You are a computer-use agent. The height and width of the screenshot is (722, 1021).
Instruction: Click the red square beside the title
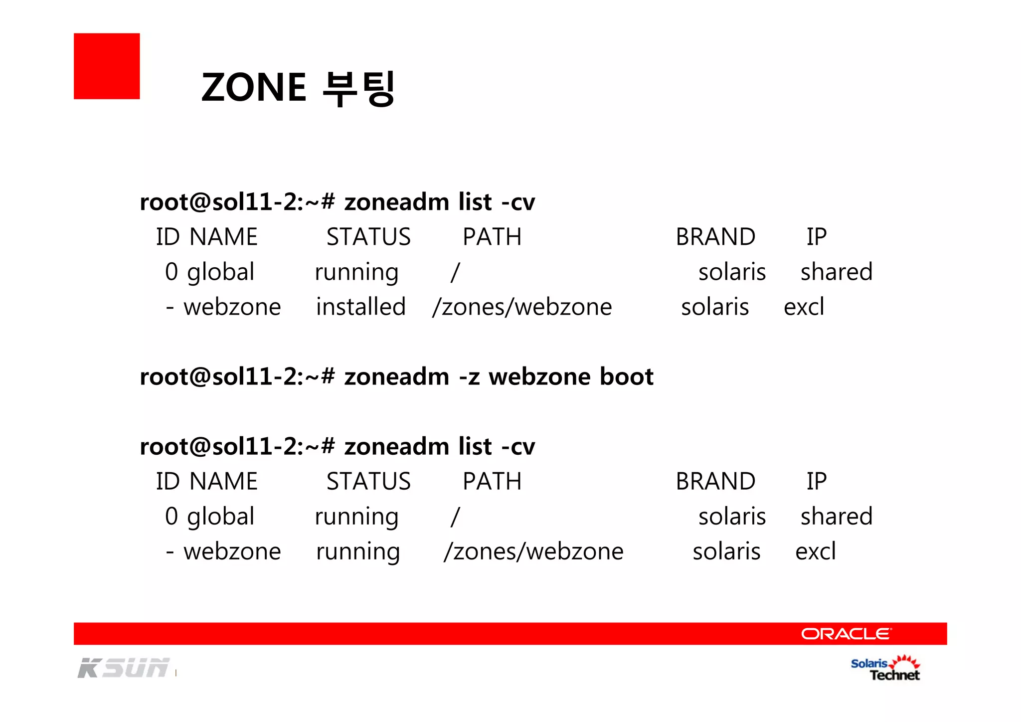[107, 66]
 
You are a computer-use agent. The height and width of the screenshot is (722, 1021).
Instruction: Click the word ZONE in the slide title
[254, 87]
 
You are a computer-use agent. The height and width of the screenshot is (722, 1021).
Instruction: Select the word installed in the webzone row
[361, 307]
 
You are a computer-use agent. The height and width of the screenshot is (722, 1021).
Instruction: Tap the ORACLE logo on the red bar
[846, 634]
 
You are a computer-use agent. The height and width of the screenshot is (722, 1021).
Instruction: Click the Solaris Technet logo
[885, 669]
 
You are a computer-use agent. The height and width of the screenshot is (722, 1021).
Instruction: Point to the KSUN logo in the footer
[123, 668]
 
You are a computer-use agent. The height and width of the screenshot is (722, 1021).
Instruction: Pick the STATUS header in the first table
[368, 237]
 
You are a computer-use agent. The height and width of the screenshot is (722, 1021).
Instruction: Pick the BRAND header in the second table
[715, 481]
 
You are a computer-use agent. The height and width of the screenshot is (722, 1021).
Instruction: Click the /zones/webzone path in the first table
[522, 307]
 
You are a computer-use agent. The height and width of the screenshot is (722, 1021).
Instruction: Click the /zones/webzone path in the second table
[533, 551]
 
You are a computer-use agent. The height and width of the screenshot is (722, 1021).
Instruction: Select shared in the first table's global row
[837, 272]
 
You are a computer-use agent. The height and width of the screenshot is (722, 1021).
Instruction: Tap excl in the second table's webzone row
[815, 551]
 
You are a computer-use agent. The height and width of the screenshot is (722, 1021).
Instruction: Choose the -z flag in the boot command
[469, 377]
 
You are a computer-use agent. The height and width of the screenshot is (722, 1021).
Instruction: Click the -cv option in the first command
[518, 202]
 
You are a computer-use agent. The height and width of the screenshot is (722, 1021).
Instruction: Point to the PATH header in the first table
[492, 237]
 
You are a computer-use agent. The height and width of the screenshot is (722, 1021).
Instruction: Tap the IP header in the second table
[817, 481]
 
